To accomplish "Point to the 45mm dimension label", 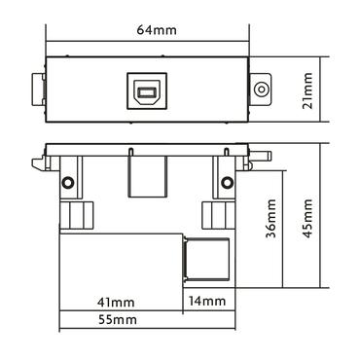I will pyautogui.click(x=308, y=222).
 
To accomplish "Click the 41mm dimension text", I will pyautogui.click(x=121, y=301).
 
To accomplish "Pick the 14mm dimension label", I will pyautogui.click(x=207, y=301).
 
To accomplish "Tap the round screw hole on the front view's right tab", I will pyautogui.click(x=260, y=91).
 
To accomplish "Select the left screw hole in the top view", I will pyautogui.click(x=68, y=183).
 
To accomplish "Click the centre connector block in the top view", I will pyautogui.click(x=145, y=178).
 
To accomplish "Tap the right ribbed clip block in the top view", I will pyautogui.click(x=216, y=216).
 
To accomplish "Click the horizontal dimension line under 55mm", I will pyautogui.click(x=146, y=330).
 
